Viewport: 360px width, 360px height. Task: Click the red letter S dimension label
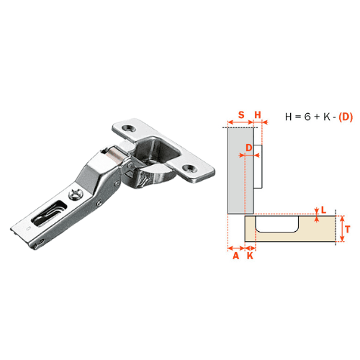click(x=241, y=115)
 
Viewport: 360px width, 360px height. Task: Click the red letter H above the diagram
click(x=258, y=115)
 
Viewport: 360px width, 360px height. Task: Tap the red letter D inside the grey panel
click(x=249, y=148)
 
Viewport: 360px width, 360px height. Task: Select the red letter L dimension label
click(x=324, y=210)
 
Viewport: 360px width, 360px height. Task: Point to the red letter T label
click(x=348, y=229)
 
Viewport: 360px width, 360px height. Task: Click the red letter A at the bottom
click(x=236, y=256)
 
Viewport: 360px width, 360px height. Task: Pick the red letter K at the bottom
click(x=250, y=256)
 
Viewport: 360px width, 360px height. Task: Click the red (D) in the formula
click(x=346, y=117)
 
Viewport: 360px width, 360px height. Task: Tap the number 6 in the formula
click(x=307, y=117)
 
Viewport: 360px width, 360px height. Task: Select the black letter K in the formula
click(x=326, y=117)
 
